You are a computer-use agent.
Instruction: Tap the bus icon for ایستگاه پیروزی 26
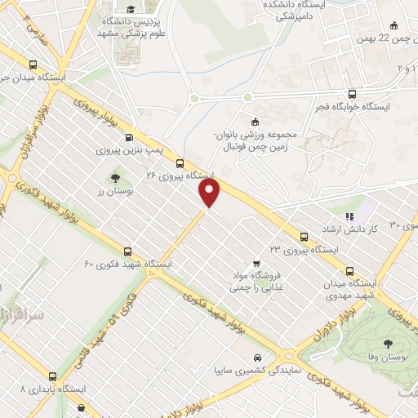pos(180,163)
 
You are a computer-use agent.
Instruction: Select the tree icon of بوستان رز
pos(114,177)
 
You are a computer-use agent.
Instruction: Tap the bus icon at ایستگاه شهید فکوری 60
pos(127,251)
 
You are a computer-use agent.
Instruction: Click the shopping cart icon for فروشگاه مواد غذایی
pos(256,263)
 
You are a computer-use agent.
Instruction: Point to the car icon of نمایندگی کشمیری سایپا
pos(258,358)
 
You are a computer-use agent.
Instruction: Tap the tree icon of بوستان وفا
pos(386,344)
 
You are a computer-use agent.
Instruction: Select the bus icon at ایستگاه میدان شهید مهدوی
pos(351,271)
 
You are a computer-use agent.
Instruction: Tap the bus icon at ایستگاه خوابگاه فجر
pos(352,94)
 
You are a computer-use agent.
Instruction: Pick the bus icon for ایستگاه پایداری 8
pos(53,376)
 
